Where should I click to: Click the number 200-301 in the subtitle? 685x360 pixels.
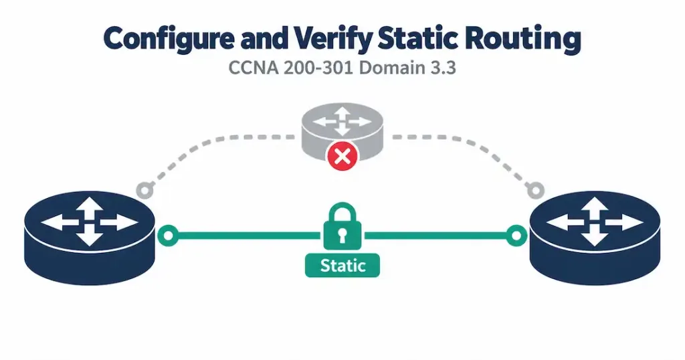pyautogui.click(x=320, y=69)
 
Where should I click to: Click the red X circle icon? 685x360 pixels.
pyautogui.click(x=342, y=156)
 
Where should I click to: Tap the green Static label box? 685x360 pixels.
pyautogui.click(x=342, y=266)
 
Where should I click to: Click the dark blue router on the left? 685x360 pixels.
pyautogui.click(x=90, y=238)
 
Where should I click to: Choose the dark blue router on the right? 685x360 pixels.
pyautogui.click(x=595, y=238)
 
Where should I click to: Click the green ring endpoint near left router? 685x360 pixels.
pyautogui.click(x=168, y=236)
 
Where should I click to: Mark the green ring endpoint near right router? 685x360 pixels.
pyautogui.click(x=516, y=236)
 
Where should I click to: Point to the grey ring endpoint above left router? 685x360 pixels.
pyautogui.click(x=145, y=190)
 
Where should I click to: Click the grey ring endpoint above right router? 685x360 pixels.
pyautogui.click(x=536, y=190)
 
